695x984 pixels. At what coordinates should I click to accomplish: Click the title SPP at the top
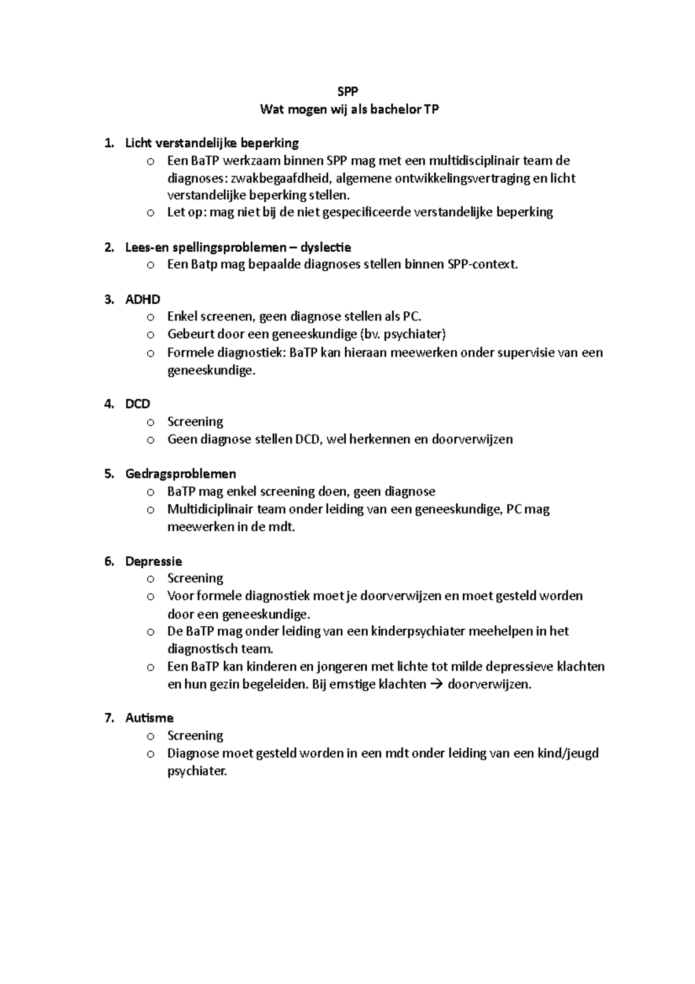pos(348,91)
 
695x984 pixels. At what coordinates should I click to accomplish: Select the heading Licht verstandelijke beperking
pos(212,143)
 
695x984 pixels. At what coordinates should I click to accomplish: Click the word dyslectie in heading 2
pos(327,247)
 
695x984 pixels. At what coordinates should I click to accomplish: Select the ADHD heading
pos(142,300)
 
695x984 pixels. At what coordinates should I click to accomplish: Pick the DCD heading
pos(138,404)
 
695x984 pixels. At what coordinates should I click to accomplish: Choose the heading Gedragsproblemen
pos(181,474)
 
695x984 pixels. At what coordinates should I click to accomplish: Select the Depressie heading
pos(153,562)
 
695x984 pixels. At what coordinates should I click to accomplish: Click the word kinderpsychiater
pos(418,631)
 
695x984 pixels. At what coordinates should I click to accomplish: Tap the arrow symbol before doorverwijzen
pos(436,684)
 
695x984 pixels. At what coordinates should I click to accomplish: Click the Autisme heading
pos(149,718)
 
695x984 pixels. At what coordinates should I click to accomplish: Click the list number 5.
pos(109,474)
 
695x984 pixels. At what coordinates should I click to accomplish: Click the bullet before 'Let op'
pos(151,213)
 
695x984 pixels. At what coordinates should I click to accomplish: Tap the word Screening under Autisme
pos(195,736)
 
